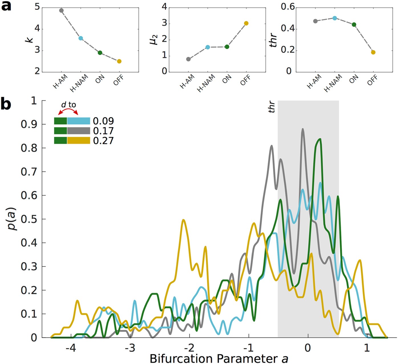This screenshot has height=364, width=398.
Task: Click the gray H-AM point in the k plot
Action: coord(61,11)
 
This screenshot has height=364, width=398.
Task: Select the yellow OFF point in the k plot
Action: coord(119,61)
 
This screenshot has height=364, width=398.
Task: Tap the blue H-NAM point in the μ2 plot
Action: coord(208,47)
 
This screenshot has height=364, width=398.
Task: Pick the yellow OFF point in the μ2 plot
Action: coord(246,23)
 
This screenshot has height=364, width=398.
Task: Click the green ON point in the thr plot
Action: coord(354,24)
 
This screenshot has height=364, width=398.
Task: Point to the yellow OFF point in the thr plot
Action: coord(373,52)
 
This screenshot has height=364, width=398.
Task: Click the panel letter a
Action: coord(6,6)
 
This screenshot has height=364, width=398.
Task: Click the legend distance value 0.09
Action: coord(103,121)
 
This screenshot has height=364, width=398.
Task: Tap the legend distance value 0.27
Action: coord(103,141)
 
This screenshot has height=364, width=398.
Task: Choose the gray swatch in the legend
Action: coord(78,131)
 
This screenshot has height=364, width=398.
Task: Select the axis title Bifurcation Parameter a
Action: coord(219,359)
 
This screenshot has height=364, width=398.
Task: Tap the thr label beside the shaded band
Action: coord(272,107)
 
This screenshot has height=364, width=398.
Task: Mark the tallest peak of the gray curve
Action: coord(302,129)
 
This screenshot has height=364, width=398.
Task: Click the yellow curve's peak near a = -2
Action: coord(183,220)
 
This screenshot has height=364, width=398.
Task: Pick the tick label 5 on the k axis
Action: coord(37,7)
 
